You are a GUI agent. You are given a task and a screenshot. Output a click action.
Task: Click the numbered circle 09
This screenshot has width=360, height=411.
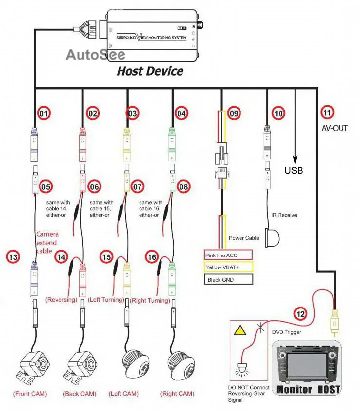click(x=234, y=113)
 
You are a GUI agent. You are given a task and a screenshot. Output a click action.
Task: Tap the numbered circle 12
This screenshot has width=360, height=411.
click(x=300, y=314)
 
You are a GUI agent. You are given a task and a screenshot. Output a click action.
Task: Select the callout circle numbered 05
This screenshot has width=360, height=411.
click(x=45, y=186)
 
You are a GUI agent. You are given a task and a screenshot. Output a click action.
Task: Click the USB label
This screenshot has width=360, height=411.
click(x=294, y=170)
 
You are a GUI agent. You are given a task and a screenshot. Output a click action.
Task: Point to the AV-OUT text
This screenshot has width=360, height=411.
click(x=335, y=128)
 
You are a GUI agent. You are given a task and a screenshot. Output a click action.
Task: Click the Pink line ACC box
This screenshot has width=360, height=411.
click(x=228, y=255)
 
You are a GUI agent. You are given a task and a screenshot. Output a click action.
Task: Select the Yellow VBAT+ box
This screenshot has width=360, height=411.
click(x=228, y=267)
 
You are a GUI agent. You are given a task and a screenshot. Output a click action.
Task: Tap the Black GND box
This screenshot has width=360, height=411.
click(x=228, y=279)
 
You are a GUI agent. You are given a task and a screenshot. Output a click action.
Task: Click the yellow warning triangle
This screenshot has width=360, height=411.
click(x=240, y=330)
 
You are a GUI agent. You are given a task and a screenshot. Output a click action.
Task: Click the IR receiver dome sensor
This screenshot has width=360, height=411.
click(x=272, y=238)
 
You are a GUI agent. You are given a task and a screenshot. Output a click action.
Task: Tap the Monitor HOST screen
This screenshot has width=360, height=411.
click(x=307, y=365)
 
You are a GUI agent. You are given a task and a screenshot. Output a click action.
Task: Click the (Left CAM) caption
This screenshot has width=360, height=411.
click(x=123, y=394)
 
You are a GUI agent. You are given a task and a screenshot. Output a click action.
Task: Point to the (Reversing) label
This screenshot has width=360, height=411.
click(x=61, y=300)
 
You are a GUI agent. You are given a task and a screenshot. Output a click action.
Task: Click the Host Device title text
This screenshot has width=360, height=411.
click(x=150, y=71)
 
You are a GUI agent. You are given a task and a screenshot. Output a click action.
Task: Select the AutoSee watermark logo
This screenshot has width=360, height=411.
click(x=96, y=55)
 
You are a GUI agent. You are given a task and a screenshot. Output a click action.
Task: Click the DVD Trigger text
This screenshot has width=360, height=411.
click(x=286, y=332)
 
